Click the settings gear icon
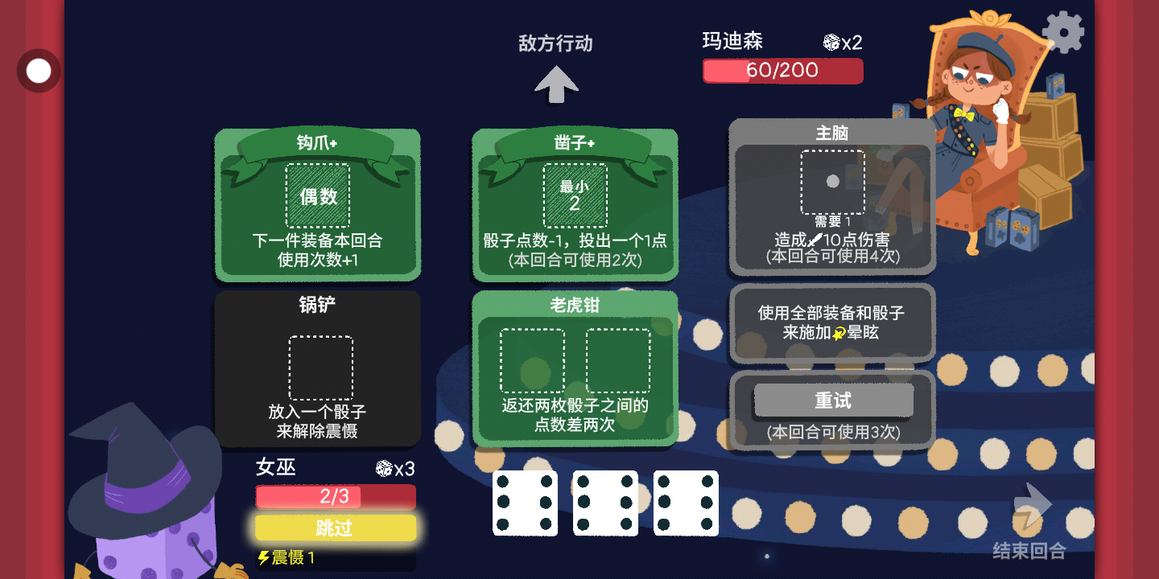[x=1062, y=32]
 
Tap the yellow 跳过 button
[x=336, y=528]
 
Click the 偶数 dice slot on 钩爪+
[x=318, y=196]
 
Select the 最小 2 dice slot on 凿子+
[x=575, y=195]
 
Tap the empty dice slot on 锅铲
[x=321, y=368]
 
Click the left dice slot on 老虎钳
[x=533, y=361]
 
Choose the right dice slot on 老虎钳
[x=618, y=361]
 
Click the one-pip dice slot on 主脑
[x=832, y=182]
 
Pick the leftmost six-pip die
[x=525, y=503]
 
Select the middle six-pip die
[x=605, y=503]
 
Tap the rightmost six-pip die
[x=686, y=503]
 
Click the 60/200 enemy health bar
[x=783, y=70]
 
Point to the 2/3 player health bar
[x=336, y=496]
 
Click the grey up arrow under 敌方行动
[x=556, y=84]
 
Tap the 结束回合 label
[x=1029, y=551]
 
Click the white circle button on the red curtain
[x=39, y=71]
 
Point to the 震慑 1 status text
[x=287, y=557]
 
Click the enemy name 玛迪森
[x=732, y=41]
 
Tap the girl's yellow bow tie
[x=963, y=113]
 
